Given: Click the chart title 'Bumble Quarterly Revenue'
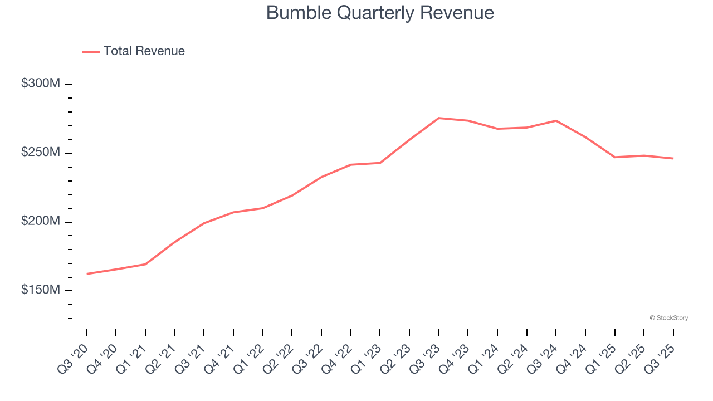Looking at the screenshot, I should (x=380, y=13).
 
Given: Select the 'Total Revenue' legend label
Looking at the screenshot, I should (x=144, y=51).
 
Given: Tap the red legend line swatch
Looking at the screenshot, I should (x=91, y=52).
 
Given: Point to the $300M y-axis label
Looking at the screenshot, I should (x=40, y=84).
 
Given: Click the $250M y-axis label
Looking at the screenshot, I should (x=40, y=153).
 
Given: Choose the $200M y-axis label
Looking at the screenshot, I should (x=40, y=222).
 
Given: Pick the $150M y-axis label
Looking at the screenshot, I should (x=40, y=291).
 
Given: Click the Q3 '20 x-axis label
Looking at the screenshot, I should (x=74, y=358).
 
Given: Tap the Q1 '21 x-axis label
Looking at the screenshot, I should (x=132, y=358).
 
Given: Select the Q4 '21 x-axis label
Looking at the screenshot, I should (x=220, y=358).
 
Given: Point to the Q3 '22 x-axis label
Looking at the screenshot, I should (x=308, y=358).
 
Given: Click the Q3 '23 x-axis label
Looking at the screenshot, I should (x=426, y=358).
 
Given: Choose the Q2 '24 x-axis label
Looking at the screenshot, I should (x=514, y=358).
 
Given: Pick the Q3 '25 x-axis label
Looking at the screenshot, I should (x=660, y=358).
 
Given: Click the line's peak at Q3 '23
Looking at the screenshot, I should (x=439, y=118).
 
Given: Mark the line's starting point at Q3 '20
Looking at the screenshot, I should (x=87, y=273).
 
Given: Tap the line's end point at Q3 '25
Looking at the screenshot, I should (x=673, y=159).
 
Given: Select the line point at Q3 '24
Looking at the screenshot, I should (x=556, y=120).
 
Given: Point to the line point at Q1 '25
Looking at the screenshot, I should (x=615, y=157).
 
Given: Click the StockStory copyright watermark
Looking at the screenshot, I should (x=668, y=318).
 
